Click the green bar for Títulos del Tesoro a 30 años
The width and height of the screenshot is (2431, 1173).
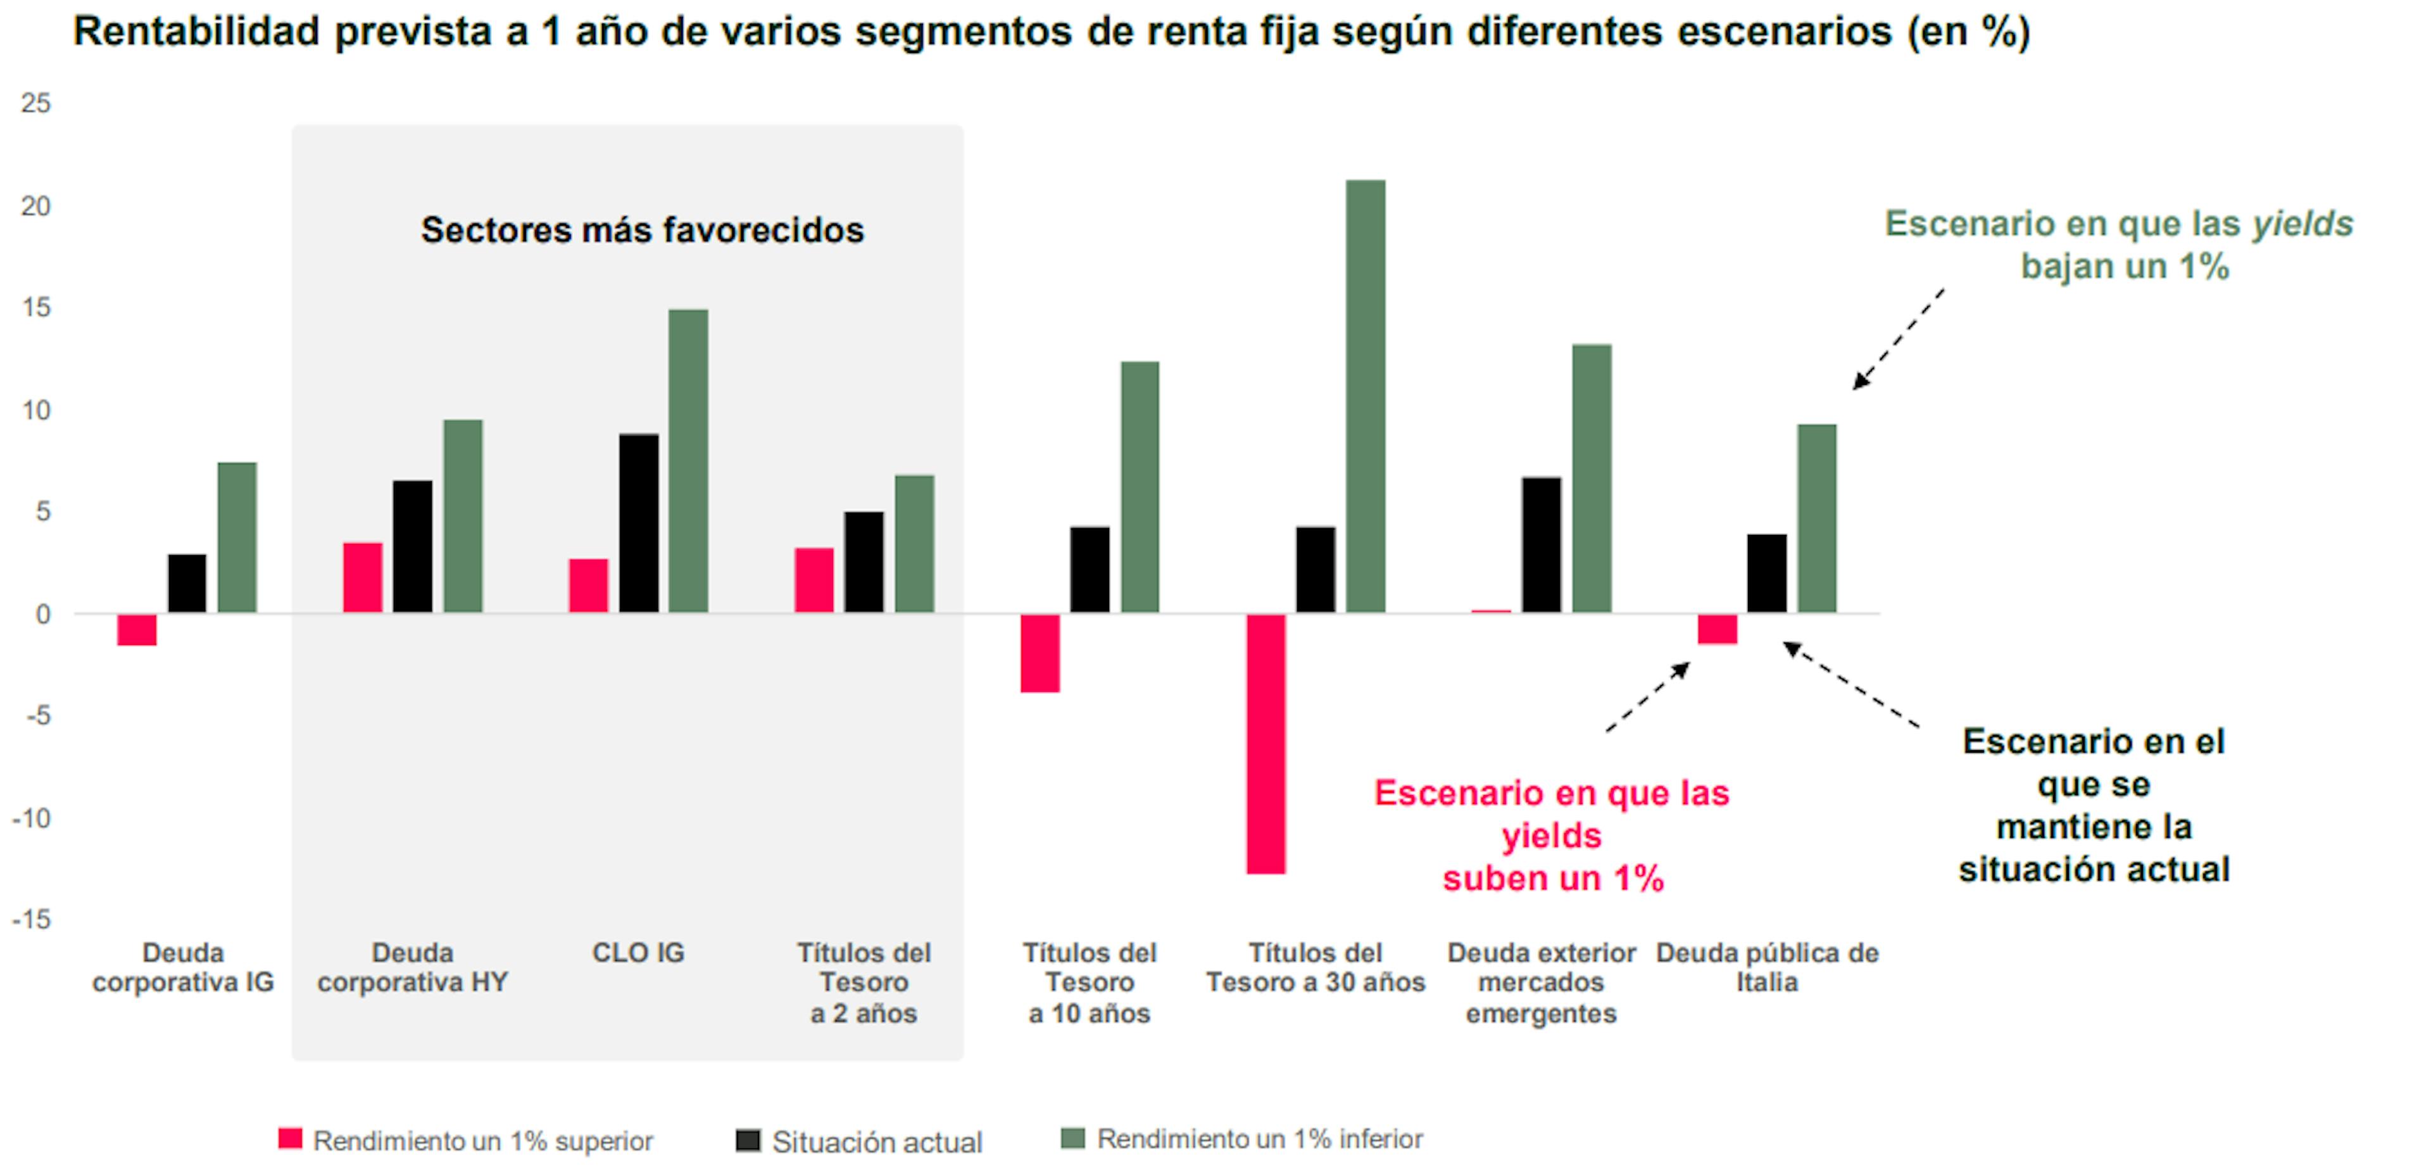point(1366,396)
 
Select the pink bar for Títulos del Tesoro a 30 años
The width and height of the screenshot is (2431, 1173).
point(1266,744)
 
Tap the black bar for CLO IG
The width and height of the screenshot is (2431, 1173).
point(639,524)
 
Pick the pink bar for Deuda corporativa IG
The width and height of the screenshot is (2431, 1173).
point(137,629)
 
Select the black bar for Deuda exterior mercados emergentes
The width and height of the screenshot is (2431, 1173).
point(1541,546)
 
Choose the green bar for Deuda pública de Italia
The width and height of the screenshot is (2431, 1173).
point(1817,519)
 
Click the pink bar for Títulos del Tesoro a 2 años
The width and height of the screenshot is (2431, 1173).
point(813,580)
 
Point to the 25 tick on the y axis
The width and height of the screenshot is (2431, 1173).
point(36,103)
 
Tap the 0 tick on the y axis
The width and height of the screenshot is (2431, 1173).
point(42,614)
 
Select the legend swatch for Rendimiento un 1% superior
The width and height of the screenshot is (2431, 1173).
point(291,1139)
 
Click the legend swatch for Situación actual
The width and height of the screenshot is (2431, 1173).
point(748,1140)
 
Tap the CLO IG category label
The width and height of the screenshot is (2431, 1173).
point(638,953)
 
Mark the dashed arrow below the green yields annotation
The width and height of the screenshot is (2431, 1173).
point(1897,340)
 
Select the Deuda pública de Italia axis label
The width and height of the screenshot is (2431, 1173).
point(1767,967)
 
